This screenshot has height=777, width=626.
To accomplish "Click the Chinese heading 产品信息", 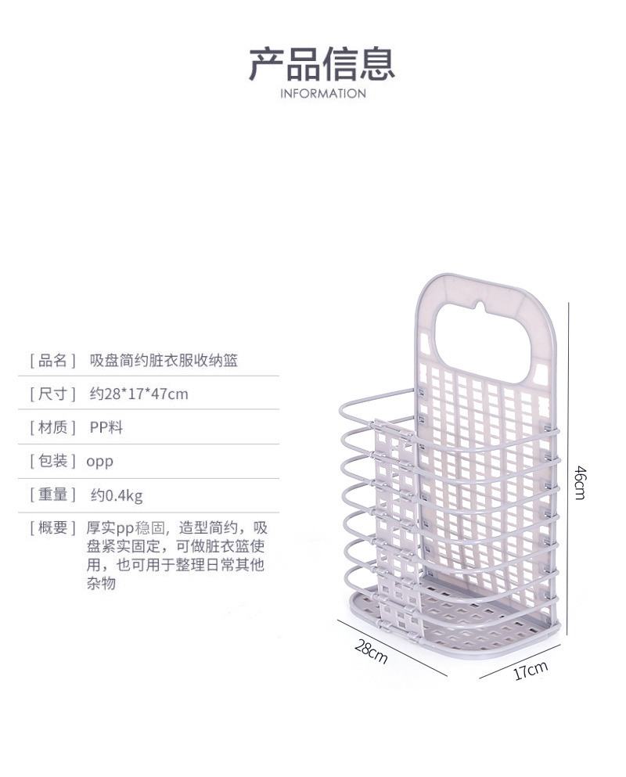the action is [322, 63].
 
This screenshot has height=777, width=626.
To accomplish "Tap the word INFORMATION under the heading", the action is [322, 94].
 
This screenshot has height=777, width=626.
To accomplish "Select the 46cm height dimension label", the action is [580, 482].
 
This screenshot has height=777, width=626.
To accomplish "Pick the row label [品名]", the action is [52, 361].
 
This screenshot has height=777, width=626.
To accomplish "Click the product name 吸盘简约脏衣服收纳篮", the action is [164, 361].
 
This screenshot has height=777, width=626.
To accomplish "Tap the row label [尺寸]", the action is [52, 394].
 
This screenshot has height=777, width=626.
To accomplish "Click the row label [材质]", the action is [52, 427].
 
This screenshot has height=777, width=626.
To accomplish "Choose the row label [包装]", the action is [52, 461].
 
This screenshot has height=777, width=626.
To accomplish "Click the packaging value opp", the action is [99, 461].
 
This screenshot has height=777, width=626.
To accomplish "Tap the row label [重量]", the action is [52, 495].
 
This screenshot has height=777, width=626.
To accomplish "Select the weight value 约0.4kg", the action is [117, 495].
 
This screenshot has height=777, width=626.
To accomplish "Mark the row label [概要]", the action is [52, 527].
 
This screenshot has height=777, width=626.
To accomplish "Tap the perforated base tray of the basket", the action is [469, 618].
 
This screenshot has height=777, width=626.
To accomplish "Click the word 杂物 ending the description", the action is [100, 583].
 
